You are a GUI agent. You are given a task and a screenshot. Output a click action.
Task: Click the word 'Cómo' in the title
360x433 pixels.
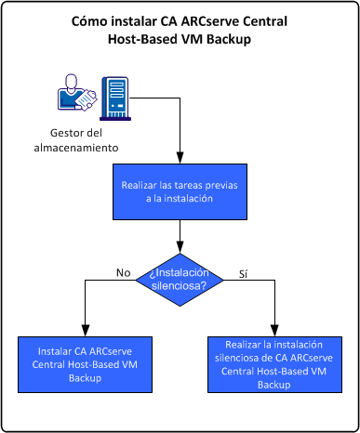[91, 21]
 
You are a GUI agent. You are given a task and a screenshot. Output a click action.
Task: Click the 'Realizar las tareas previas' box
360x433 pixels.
[180, 191]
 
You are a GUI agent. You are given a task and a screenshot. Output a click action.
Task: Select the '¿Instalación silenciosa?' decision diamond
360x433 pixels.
[180, 278]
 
